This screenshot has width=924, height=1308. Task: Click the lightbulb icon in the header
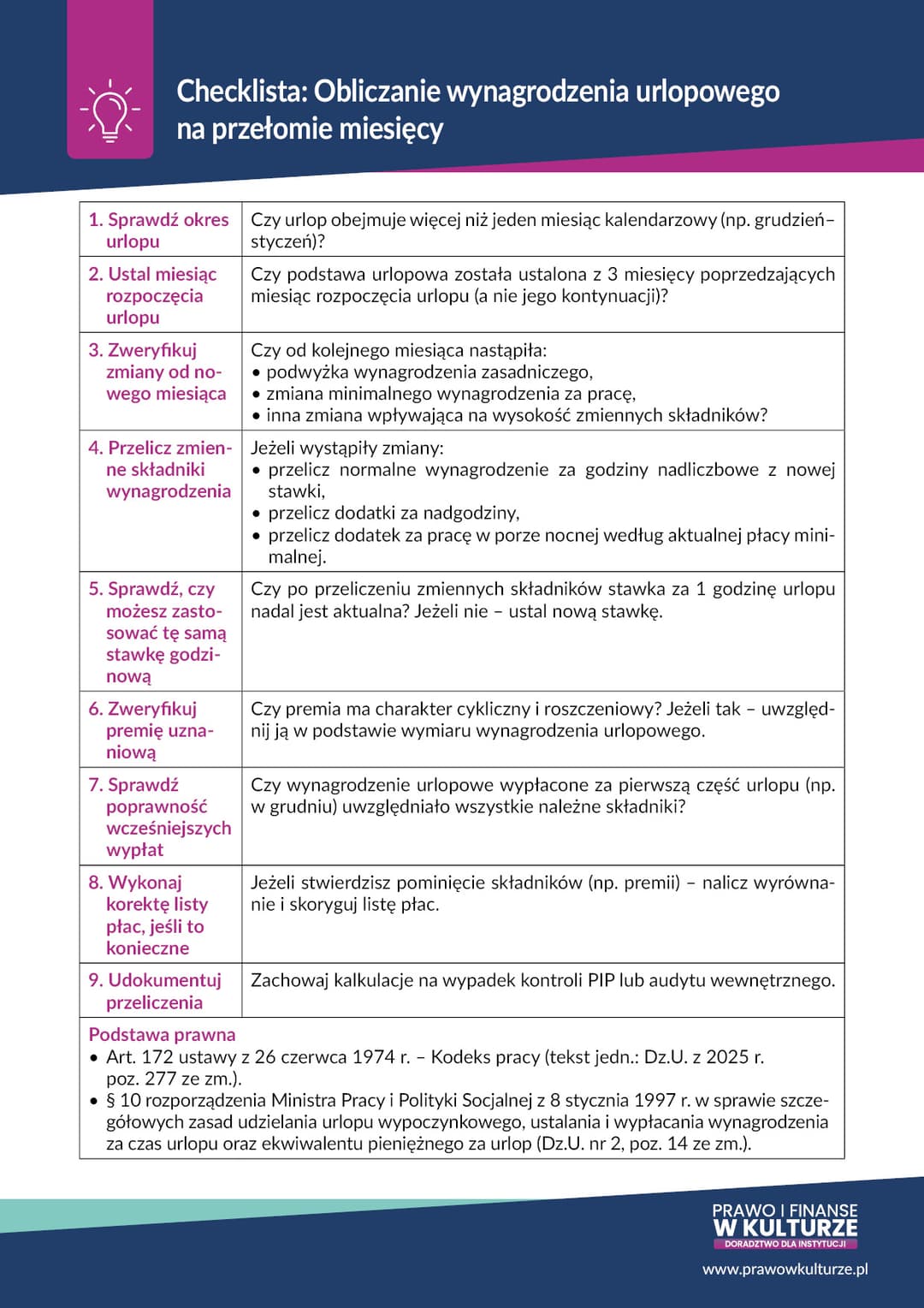pyautogui.click(x=110, y=110)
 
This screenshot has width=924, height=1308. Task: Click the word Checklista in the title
pyautogui.click(x=240, y=92)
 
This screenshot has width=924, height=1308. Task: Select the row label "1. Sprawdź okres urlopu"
pyautogui.click(x=159, y=230)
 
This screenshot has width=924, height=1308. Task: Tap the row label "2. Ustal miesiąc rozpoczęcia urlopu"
pyautogui.click(x=153, y=295)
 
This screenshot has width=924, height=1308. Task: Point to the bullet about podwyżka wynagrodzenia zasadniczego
pyautogui.click(x=429, y=372)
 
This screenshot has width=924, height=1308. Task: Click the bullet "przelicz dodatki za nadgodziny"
pyautogui.click(x=394, y=513)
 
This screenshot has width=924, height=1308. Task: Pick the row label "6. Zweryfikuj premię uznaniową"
pyautogui.click(x=151, y=730)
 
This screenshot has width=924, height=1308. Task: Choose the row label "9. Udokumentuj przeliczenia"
pyautogui.click(x=155, y=991)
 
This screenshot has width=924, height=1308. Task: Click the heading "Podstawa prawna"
pyautogui.click(x=162, y=1035)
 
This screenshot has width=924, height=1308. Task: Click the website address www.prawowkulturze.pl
pyautogui.click(x=785, y=1269)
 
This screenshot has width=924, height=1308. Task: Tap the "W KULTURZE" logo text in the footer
pyautogui.click(x=785, y=1228)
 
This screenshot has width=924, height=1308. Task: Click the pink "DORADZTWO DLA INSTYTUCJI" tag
pyautogui.click(x=785, y=1244)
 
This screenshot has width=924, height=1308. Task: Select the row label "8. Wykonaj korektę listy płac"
pyautogui.click(x=154, y=915)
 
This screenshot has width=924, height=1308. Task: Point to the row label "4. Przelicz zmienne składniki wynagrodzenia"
pyautogui.click(x=160, y=469)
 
